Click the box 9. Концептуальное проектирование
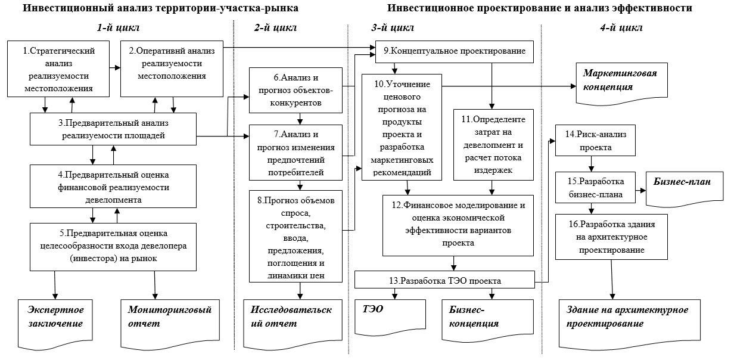click(x=454, y=52)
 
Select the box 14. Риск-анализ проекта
click(x=595, y=140)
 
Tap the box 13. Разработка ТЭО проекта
click(x=445, y=280)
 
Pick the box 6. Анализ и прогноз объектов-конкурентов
click(x=295, y=91)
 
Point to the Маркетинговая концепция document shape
click(x=621, y=84)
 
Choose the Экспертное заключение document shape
click(x=55, y=324)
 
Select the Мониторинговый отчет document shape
click(x=170, y=324)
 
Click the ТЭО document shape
click(x=390, y=317)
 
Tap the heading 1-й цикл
click(x=118, y=28)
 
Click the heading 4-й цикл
click(x=621, y=28)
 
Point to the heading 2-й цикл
click(x=275, y=28)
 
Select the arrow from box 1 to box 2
click(x=115, y=68)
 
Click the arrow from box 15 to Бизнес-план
click(x=641, y=191)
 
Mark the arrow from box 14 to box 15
click(x=591, y=164)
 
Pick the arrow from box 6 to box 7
click(x=300, y=119)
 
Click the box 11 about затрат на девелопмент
click(x=493, y=145)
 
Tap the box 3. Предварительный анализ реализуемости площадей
click(x=113, y=129)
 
